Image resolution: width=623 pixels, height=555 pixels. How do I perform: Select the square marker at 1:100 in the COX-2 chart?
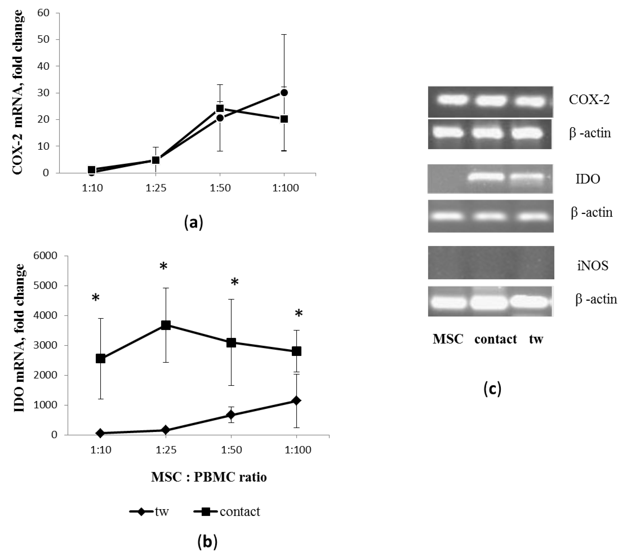[284, 119]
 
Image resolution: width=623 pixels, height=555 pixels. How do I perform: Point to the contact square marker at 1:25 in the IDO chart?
[165, 325]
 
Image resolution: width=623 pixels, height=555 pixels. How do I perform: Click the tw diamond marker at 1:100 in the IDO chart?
[296, 400]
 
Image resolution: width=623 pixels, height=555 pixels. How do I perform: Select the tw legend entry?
[149, 511]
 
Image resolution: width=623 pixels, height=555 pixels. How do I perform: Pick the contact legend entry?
[227, 511]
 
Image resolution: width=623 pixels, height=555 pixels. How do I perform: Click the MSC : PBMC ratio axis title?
[209, 477]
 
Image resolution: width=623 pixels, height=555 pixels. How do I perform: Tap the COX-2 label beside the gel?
[589, 100]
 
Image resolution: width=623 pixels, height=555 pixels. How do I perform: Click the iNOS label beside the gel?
[592, 266]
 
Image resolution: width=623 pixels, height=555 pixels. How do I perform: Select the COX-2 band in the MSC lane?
[452, 99]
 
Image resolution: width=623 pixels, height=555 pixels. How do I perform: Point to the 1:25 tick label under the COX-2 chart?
[156, 188]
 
